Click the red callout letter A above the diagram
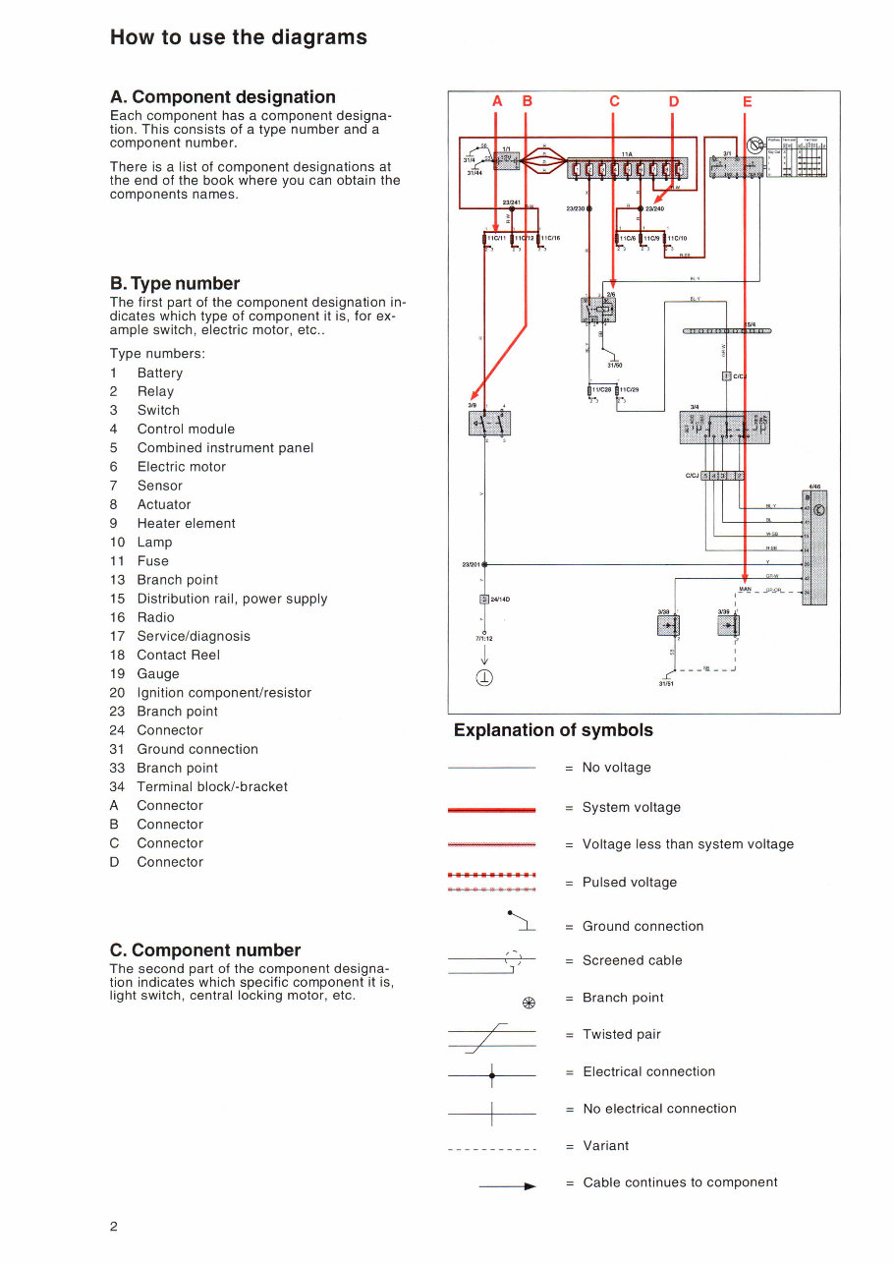[x=496, y=101]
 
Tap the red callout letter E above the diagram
[x=747, y=101]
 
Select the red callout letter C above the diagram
[x=614, y=101]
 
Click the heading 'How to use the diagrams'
[x=239, y=37]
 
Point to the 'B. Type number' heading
[x=175, y=283]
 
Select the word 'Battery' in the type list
[x=160, y=373]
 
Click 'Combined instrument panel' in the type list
[x=225, y=448]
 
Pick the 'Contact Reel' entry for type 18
[x=178, y=655]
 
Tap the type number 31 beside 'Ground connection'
[x=117, y=749]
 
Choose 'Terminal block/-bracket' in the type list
[x=212, y=786]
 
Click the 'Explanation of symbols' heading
[x=553, y=730]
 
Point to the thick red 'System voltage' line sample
[x=491, y=809]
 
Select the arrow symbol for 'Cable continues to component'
[x=508, y=1187]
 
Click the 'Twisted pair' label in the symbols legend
[x=621, y=1034]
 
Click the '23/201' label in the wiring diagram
[x=472, y=564]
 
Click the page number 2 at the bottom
[x=114, y=1226]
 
